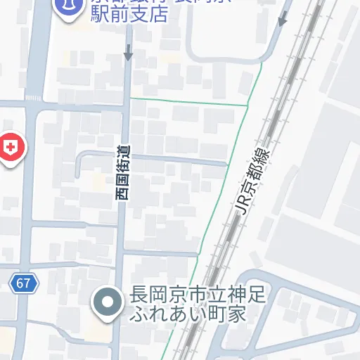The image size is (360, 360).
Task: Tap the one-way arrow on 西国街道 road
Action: [128, 51]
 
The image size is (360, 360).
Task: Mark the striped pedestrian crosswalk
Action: [33, 98]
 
